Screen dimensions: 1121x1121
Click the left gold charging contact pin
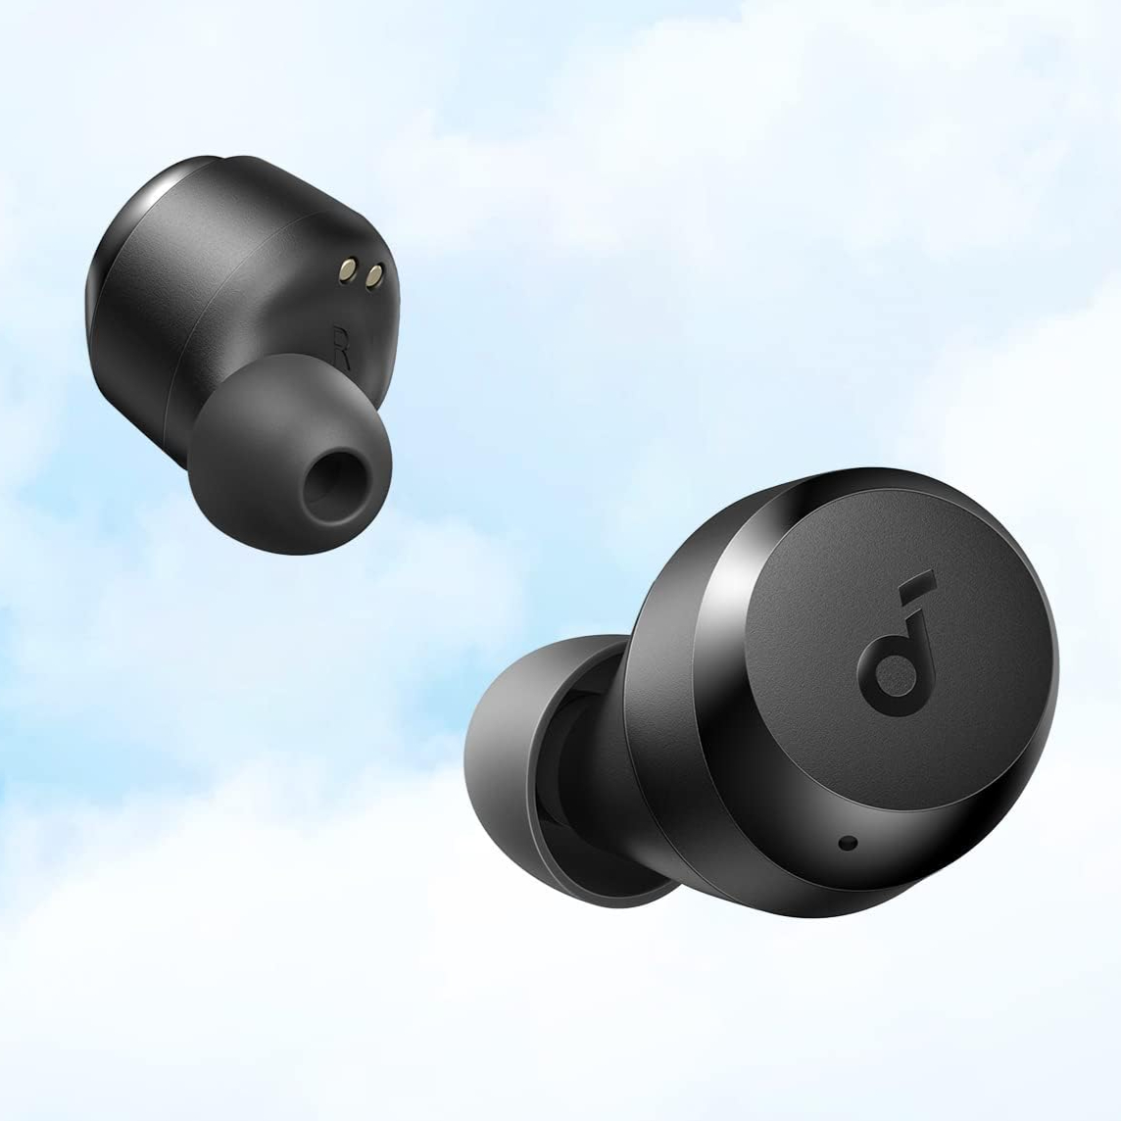[x=348, y=269]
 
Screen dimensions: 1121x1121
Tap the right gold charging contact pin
[x=373, y=275]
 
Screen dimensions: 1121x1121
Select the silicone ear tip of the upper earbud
[x=292, y=454]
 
